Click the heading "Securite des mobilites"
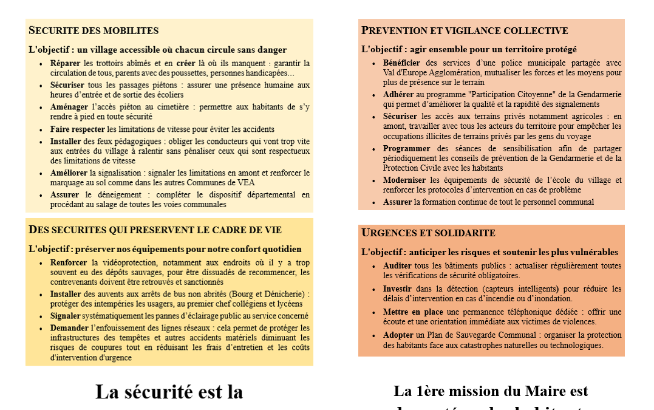pyautogui.click(x=94, y=30)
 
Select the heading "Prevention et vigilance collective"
pyautogui.click(x=465, y=30)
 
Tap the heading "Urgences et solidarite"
pyautogui.click(x=428, y=233)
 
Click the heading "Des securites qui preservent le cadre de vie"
pyautogui.click(x=155, y=230)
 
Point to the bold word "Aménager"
pyautogui.click(x=69, y=108)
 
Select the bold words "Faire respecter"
pyautogui.click(x=78, y=129)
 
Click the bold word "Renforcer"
pyautogui.click(x=69, y=263)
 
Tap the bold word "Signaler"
pyautogui.click(x=66, y=316)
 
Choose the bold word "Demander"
pyautogui.click(x=69, y=329)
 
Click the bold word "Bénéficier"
pyautogui.click(x=402, y=63)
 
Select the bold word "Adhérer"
pyautogui.click(x=398, y=95)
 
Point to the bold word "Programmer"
pyautogui.click(x=406, y=148)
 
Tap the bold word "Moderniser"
pyautogui.click(x=404, y=180)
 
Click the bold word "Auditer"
pyautogui.click(x=397, y=266)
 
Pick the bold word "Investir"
pyautogui.click(x=398, y=289)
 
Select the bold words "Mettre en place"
pyautogui.click(x=413, y=312)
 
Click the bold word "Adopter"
pyautogui.click(x=398, y=335)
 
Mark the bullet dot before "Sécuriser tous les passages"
pyautogui.click(x=41, y=86)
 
